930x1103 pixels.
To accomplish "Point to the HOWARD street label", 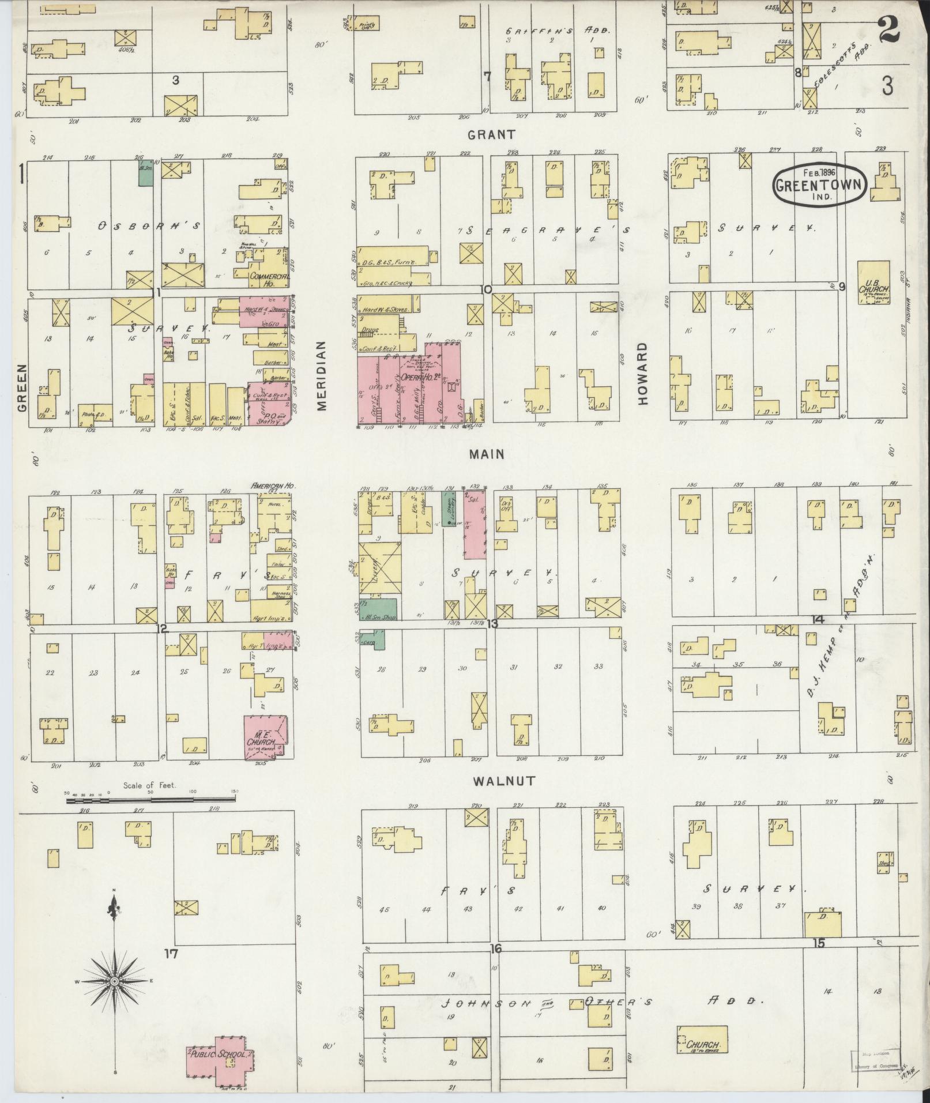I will [643, 374].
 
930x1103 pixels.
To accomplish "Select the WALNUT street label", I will [497, 781].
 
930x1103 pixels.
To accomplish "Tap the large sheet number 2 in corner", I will [889, 29].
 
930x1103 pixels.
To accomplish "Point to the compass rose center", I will [114, 981].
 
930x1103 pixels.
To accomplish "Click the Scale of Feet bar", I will [150, 800].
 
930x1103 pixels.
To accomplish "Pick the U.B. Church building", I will [873, 283].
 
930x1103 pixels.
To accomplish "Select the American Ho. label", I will [273, 486].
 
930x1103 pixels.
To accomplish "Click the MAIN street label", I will [487, 454].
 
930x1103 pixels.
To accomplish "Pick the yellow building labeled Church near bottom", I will [702, 1040].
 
